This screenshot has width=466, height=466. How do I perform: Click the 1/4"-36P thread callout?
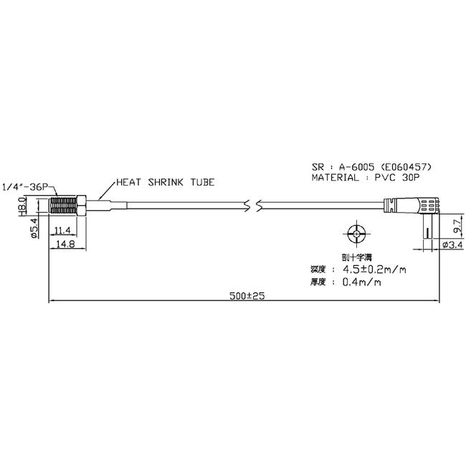pyautogui.click(x=25, y=188)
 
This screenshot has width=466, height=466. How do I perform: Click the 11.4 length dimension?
pyautogui.click(x=63, y=230)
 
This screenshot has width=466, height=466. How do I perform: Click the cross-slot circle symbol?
pyautogui.click(x=355, y=234)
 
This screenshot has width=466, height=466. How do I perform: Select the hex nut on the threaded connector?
pyautogui.click(x=85, y=206)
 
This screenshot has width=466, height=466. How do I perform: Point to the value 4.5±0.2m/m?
pyautogui.click(x=373, y=270)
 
